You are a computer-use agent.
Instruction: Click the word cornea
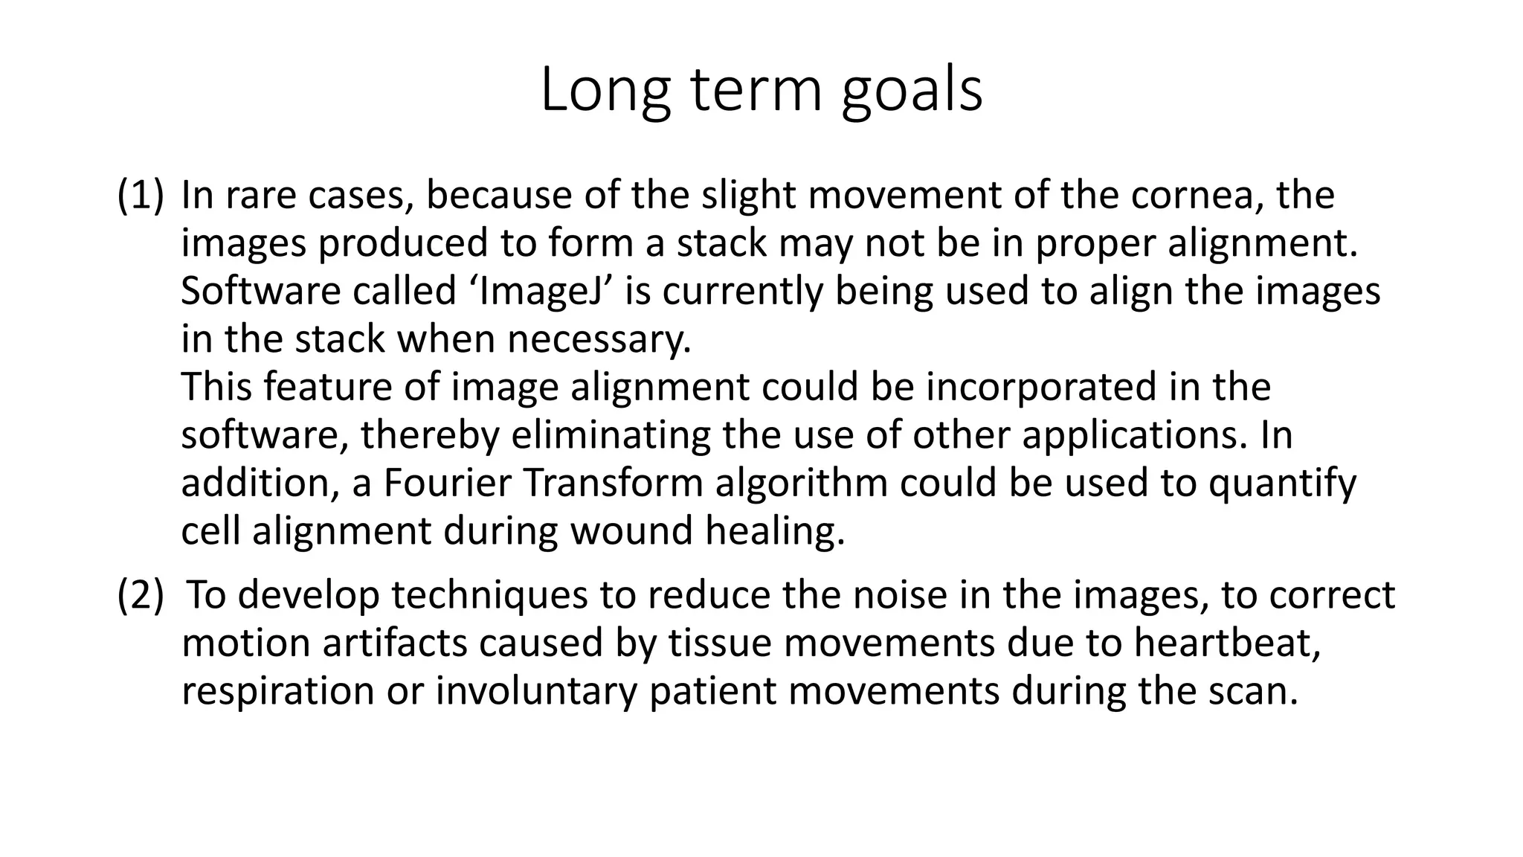click(x=1198, y=195)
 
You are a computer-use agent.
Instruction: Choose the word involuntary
click(x=536, y=690)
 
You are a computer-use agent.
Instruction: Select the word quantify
click(x=1282, y=483)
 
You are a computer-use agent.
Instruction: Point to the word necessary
click(x=599, y=339)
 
